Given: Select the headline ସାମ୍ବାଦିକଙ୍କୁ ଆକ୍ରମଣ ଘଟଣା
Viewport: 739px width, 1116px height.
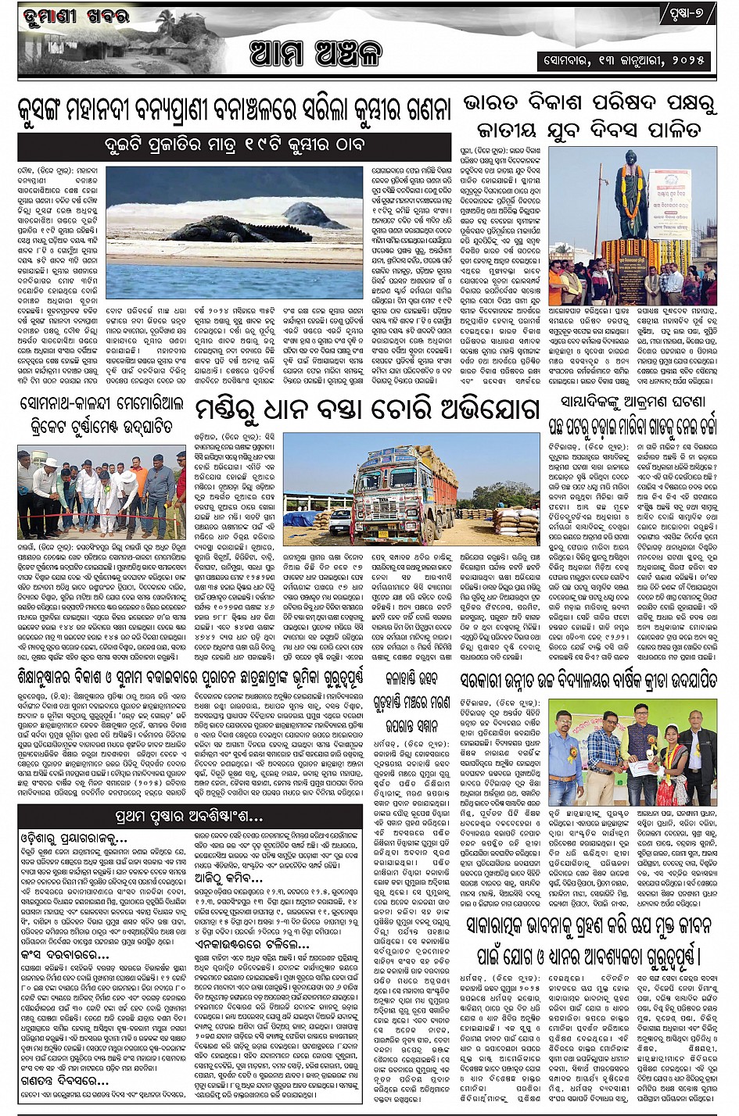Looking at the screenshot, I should tap(632, 402).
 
